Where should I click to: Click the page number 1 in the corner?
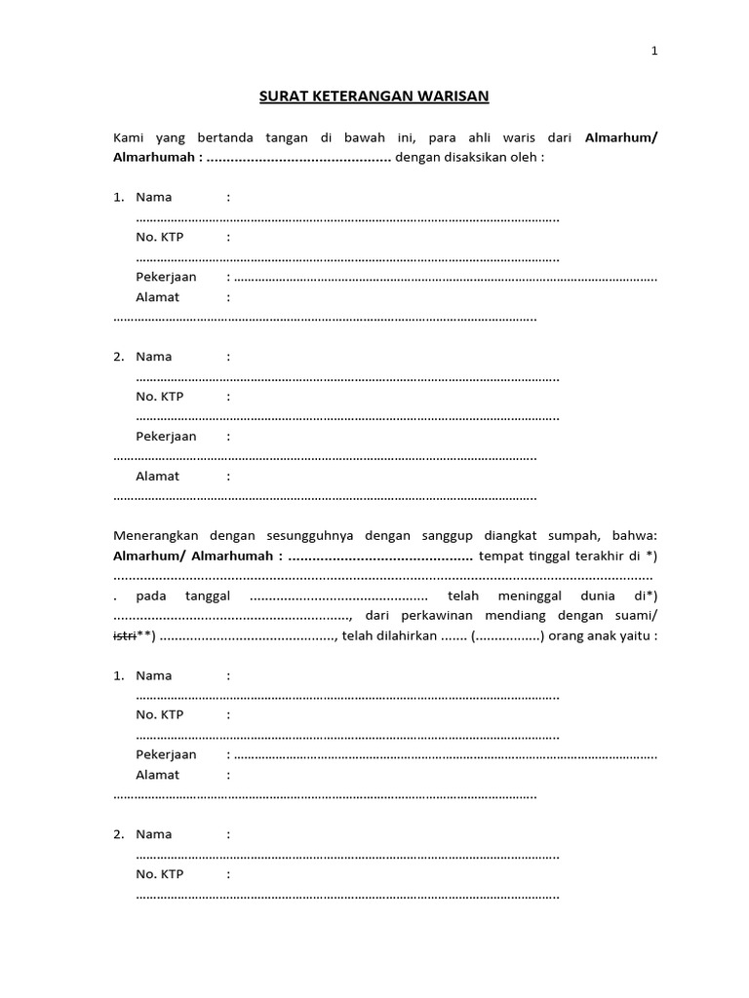(654, 53)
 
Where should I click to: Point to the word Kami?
(129, 137)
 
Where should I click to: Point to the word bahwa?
(638, 536)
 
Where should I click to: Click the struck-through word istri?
(125, 636)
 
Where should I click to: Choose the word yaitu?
(638, 636)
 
